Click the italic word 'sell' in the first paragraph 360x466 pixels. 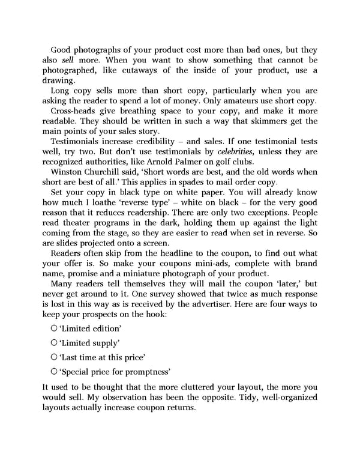click(69, 61)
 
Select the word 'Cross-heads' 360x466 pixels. click(73, 112)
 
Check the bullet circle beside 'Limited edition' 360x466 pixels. click(54, 328)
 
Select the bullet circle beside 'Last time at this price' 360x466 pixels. click(54, 357)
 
